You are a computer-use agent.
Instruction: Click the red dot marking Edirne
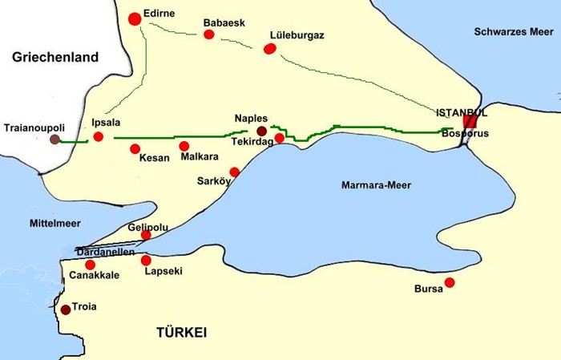pos(133,18)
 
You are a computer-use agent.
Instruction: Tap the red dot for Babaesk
pos(209,34)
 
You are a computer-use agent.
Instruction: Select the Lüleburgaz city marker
pos(269,48)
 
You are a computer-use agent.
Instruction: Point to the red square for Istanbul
pos(470,122)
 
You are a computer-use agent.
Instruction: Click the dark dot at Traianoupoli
pos(54,140)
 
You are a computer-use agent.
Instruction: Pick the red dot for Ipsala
pos(98,137)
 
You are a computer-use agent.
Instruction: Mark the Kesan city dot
pos(135,148)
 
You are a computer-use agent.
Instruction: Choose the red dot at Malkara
pos(184,146)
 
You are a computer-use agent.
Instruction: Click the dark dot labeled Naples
pos(261,131)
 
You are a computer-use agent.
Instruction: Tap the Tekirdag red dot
pos(279,138)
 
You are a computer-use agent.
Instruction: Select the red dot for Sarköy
pos(234,172)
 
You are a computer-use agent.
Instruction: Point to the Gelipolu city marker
pos(146,235)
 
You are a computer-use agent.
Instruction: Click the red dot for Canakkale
pos(90,265)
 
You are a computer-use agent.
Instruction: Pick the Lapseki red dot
pos(145,260)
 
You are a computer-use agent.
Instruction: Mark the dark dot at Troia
pos(65,309)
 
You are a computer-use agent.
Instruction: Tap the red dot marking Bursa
pos(450,282)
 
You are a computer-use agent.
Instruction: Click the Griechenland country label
pos(55,58)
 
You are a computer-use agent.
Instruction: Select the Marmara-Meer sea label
pos(376,185)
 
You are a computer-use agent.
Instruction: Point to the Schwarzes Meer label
pos(512,32)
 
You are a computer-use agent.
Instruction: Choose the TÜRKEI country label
pos(182,332)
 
